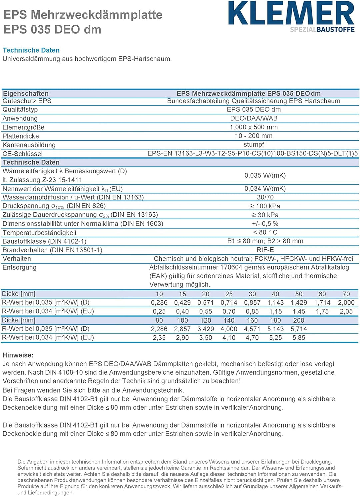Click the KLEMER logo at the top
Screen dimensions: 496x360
point(291,13)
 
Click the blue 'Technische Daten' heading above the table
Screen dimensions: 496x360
point(31,50)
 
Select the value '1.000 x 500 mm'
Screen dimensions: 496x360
point(254,127)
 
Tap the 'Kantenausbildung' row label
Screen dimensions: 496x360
point(29,145)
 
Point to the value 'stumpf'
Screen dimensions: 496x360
point(254,145)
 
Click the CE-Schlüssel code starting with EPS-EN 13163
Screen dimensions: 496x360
point(253,154)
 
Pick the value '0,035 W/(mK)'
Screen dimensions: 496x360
point(265,175)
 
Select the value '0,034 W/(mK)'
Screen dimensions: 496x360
point(265,189)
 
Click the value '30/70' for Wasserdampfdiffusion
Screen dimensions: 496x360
point(265,197)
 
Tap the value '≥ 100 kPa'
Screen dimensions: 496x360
point(265,206)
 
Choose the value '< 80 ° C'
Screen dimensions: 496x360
point(265,232)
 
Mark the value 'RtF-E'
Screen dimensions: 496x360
point(265,250)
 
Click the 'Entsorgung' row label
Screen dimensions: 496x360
point(19,267)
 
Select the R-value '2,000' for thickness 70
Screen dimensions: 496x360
point(346,303)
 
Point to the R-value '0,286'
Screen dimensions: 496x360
point(159,303)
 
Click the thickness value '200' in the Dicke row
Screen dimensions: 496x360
point(299,320)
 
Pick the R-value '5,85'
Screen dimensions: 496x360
point(299,338)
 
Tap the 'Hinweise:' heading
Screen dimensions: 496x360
point(18,355)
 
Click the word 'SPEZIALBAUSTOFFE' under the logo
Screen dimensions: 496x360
point(322,30)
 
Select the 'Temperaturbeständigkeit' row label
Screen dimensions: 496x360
point(39,233)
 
